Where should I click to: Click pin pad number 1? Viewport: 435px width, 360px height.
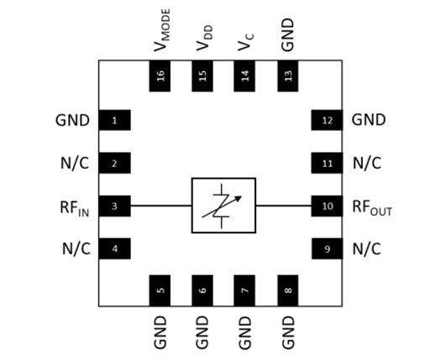tap(114, 120)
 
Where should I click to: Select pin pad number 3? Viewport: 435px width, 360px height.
tap(114, 206)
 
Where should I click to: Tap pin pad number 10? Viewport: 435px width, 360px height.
tap(327, 206)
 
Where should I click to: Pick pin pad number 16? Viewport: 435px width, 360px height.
tap(160, 76)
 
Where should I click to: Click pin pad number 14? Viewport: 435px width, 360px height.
tap(244, 76)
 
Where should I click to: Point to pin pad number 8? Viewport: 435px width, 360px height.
tap(288, 290)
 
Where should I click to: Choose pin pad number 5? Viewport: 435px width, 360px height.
tap(160, 290)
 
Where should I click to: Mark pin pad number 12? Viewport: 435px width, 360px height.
tap(327, 120)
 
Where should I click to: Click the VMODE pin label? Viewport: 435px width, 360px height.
tap(162, 30)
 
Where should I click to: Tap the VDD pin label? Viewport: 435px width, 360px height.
tap(204, 39)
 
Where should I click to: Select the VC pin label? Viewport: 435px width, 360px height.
tap(245, 42)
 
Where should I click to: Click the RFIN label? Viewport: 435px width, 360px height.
tap(75, 208)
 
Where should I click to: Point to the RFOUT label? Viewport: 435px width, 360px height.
tap(372, 208)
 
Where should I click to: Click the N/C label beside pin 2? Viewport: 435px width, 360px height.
tap(75, 163)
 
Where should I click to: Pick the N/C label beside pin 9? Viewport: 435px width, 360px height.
tap(367, 248)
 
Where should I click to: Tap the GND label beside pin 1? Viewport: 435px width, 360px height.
tap(72, 120)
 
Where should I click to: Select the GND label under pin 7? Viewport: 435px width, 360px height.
tap(245, 332)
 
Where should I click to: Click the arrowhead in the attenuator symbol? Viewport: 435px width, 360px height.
tap(238, 198)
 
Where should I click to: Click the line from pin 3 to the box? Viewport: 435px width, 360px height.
tap(161, 206)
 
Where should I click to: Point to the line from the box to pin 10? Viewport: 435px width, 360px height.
tap(284, 206)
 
